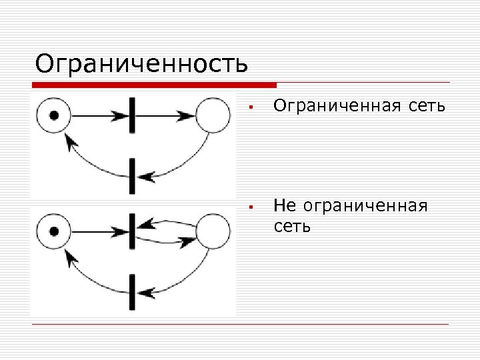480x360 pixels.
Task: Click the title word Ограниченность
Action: (141, 64)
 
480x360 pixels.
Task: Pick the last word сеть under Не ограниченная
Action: (292, 227)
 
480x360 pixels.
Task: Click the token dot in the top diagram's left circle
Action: (55, 115)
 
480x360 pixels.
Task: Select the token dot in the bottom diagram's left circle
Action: (55, 232)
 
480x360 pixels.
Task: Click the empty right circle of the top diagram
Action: (213, 115)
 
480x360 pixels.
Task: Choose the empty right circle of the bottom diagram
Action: (213, 231)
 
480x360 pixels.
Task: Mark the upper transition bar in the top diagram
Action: (133, 115)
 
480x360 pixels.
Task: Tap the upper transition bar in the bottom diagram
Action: (133, 231)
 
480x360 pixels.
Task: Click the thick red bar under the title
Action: (154, 85)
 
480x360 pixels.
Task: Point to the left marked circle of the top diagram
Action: (55, 115)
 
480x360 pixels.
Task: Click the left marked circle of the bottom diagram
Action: (55, 232)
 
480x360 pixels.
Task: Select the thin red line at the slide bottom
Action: (240, 325)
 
